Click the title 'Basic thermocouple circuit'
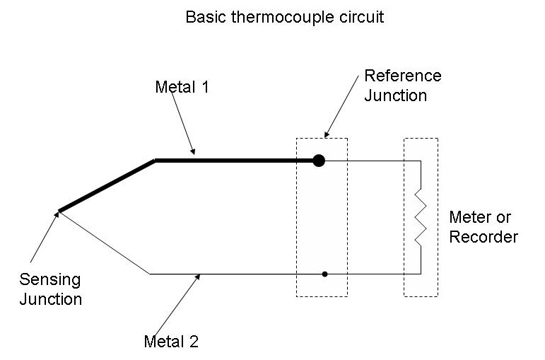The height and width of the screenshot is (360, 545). click(285, 17)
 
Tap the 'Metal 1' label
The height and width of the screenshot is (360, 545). click(182, 87)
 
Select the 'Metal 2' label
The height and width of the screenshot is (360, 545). click(171, 341)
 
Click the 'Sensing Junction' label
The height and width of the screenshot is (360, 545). click(50, 289)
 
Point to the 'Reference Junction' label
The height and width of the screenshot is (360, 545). click(402, 86)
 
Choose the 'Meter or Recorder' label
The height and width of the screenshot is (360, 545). click(484, 227)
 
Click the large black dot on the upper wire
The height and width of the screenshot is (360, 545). click(319, 161)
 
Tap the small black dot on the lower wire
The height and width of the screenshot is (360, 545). click(324, 274)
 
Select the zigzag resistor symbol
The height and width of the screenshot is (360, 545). click(421, 217)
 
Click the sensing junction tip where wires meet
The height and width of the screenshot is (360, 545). click(59, 211)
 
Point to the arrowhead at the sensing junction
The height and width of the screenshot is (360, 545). click(57, 214)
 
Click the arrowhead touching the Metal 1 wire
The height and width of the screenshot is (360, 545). click(193, 151)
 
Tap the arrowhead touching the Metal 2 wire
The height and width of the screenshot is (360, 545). click(198, 277)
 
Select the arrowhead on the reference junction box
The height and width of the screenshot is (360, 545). click(327, 134)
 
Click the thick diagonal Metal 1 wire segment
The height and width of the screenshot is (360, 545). click(107, 186)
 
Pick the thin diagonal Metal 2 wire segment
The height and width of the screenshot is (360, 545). click(105, 243)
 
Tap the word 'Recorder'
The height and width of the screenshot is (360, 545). click(484, 237)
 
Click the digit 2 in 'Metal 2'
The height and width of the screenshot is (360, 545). click(194, 341)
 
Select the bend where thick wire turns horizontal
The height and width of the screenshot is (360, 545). click(155, 161)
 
